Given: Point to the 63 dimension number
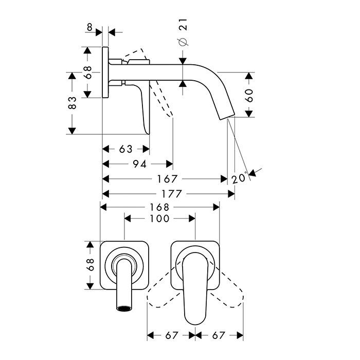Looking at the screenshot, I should click(126, 149).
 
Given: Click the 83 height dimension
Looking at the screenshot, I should click(73, 103).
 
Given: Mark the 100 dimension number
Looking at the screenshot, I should click(160, 219).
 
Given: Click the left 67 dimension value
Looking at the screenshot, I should click(172, 336).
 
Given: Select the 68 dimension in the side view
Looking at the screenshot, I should click(87, 73).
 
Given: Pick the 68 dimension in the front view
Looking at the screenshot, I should click(90, 265).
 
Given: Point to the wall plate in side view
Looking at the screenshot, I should click(106, 73).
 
